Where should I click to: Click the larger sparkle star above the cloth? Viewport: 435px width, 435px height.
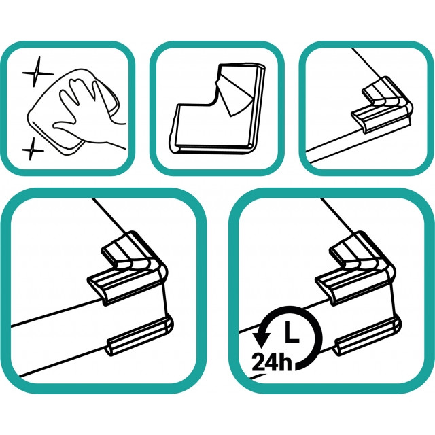(37, 73)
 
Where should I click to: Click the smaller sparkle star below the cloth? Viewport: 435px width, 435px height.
(33, 150)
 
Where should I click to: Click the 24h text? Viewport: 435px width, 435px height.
(272, 362)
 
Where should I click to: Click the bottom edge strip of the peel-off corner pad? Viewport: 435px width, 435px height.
(213, 147)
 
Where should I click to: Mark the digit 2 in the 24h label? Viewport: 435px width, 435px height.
(258, 362)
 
